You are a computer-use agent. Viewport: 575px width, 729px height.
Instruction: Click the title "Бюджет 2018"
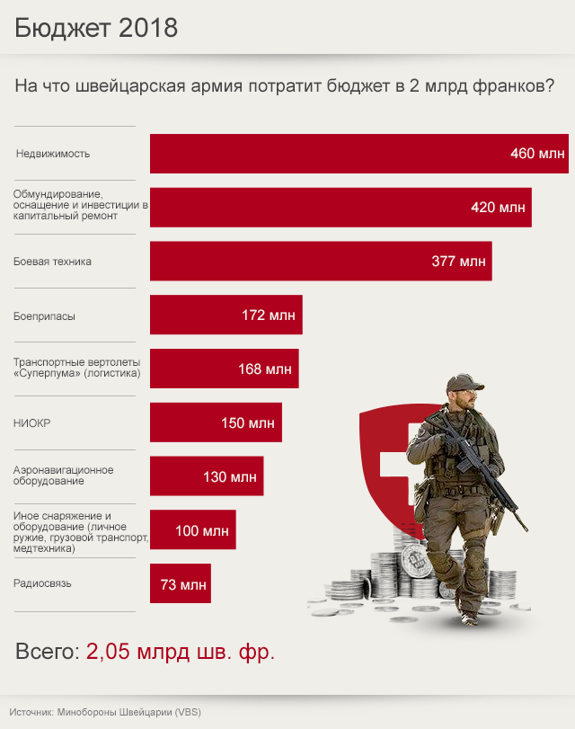96,28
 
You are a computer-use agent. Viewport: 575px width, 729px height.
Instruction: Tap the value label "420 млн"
498,208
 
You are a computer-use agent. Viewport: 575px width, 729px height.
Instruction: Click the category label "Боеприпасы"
45,316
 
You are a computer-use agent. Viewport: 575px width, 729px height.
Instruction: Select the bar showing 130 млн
207,476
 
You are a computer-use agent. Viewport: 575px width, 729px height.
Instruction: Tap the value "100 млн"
201,530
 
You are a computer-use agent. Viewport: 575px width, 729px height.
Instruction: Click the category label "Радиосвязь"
42,583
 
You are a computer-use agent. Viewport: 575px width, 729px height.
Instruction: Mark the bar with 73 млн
180,584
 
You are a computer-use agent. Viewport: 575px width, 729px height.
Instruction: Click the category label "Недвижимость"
53,154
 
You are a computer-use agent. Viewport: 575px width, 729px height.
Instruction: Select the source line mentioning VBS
107,712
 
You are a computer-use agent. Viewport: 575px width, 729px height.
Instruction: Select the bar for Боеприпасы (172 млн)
226,316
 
